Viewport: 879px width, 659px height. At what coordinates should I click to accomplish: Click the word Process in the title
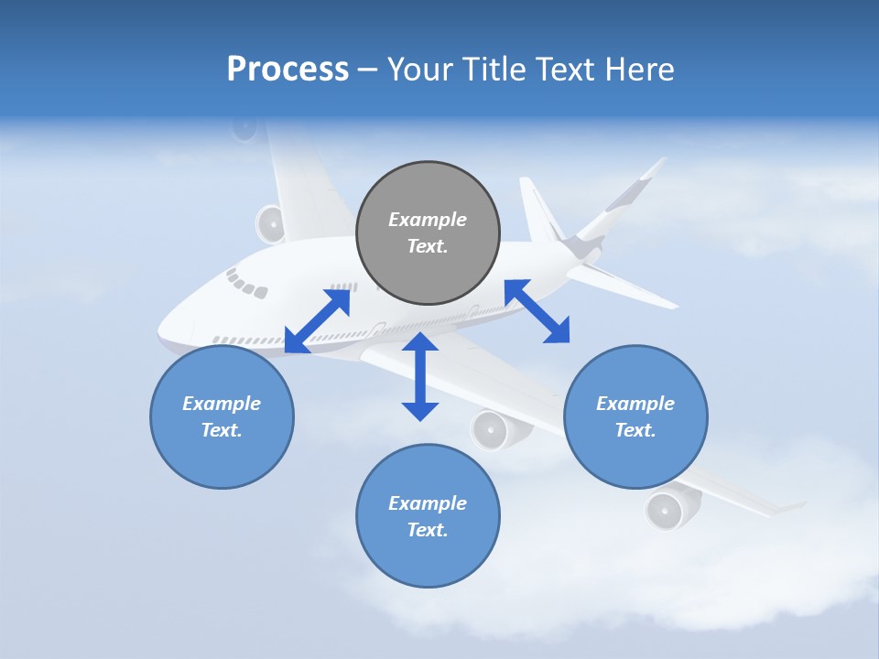click(288, 70)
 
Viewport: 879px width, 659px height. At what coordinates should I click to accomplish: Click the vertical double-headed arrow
click(420, 376)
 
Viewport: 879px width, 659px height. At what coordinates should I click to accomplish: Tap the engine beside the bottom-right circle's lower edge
click(671, 508)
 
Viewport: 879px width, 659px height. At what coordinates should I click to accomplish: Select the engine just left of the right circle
click(496, 428)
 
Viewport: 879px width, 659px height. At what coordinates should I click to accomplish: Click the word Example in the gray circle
click(428, 220)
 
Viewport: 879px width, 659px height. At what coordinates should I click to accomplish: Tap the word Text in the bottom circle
click(428, 530)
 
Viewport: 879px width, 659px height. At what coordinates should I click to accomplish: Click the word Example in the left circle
click(222, 404)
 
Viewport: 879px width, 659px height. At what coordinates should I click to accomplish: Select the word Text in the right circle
click(635, 430)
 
